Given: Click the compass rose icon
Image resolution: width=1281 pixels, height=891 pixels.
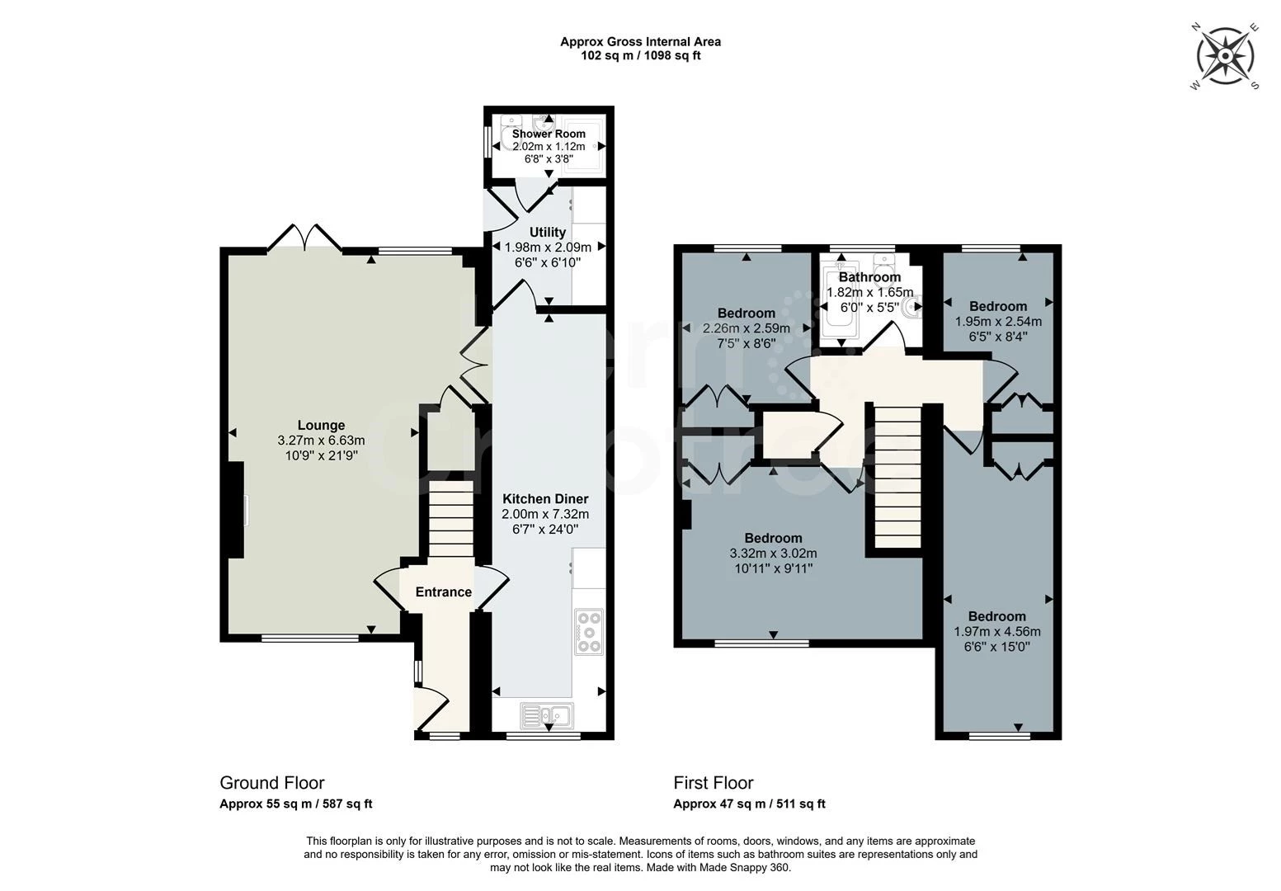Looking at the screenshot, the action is click(x=1225, y=56).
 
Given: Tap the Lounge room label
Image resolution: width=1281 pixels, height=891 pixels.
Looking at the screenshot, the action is click(x=321, y=426).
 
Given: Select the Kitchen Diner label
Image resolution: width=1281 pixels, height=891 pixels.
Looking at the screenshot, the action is click(x=545, y=498).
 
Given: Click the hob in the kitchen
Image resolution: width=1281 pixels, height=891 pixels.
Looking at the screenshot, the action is click(x=588, y=632).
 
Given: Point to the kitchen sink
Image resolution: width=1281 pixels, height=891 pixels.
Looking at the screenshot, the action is click(x=547, y=714).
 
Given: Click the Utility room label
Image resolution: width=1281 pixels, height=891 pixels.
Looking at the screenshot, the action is click(x=547, y=232).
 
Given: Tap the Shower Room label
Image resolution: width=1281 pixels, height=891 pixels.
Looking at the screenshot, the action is click(x=549, y=134).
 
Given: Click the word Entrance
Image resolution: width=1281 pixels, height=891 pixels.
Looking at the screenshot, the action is click(x=443, y=592).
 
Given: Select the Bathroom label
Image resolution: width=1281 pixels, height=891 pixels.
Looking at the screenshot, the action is click(x=870, y=277).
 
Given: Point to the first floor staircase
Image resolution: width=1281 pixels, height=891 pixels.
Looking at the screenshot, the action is click(x=897, y=475).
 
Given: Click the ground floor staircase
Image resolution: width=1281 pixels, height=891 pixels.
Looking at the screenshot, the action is click(x=450, y=518).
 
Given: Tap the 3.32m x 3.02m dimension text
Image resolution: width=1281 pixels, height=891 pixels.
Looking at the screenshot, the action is click(x=773, y=554).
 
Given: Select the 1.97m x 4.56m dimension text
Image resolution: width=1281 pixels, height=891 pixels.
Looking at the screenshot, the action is click(x=996, y=632).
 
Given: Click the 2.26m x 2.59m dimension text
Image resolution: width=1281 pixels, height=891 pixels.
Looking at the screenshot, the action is click(x=746, y=328).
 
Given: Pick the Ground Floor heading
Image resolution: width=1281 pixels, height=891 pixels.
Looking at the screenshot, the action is click(x=271, y=782).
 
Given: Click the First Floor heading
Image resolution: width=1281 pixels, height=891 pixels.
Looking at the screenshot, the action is click(x=713, y=782).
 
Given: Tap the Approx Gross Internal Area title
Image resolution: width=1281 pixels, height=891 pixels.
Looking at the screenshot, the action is click(x=640, y=42).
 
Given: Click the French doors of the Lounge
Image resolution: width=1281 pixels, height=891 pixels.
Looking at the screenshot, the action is click(x=304, y=237).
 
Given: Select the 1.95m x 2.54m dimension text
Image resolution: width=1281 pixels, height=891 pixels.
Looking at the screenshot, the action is click(x=998, y=322).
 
